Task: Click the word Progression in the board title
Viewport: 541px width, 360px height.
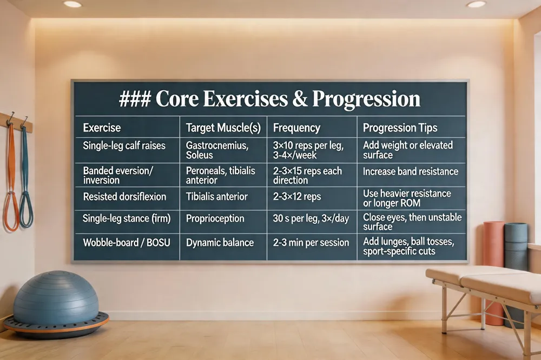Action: coord(366,99)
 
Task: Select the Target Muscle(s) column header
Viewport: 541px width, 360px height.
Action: coord(223,128)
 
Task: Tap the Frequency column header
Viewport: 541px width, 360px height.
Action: coord(296,128)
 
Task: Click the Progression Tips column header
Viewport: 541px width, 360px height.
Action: coord(400,128)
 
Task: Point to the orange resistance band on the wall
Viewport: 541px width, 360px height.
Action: coord(11,179)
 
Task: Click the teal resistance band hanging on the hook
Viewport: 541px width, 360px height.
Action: coord(26,179)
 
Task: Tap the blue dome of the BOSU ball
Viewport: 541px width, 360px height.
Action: coord(56,297)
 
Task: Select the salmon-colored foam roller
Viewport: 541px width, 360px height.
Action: coord(494,272)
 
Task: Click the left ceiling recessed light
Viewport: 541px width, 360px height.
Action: coord(72,4)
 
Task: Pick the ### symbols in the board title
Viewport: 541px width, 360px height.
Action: coord(135,99)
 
